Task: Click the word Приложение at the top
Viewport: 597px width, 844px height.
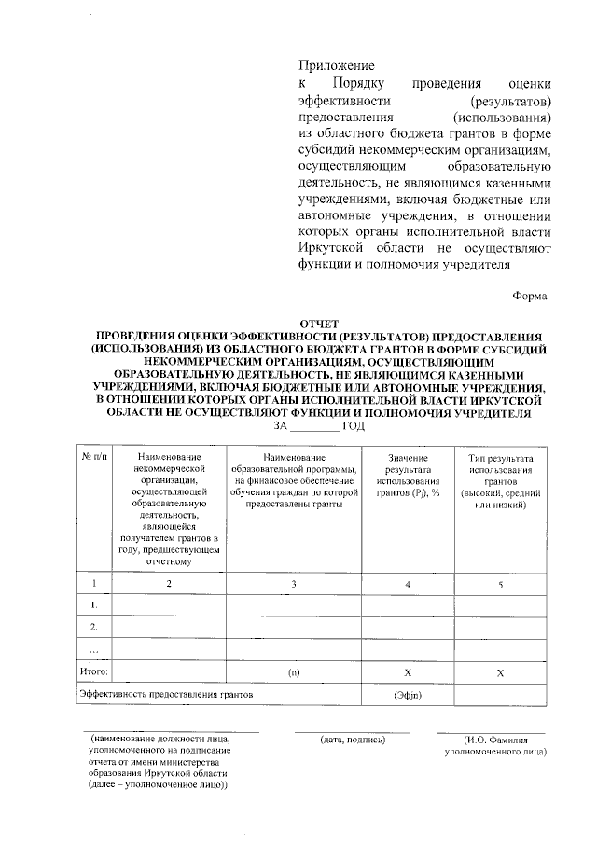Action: [336, 66]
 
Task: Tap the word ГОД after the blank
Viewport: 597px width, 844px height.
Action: [354, 425]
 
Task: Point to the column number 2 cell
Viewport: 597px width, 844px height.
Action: [169, 584]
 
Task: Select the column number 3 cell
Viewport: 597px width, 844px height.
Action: [293, 584]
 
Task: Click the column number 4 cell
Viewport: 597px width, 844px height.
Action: [408, 584]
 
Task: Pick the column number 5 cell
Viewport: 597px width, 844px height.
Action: [500, 584]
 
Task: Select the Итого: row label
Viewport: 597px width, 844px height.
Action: [94, 671]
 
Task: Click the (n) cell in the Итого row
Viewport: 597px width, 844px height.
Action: [293, 671]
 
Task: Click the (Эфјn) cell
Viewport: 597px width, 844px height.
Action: [408, 696]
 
